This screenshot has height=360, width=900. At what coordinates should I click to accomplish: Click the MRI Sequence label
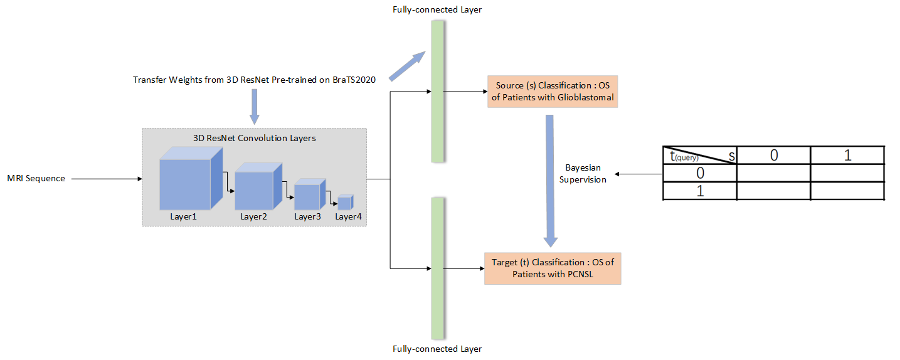click(36, 179)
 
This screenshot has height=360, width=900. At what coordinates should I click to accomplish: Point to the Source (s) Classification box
click(553, 92)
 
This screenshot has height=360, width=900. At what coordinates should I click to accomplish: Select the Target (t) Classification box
click(553, 268)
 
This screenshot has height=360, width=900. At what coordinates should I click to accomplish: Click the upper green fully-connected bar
click(437, 91)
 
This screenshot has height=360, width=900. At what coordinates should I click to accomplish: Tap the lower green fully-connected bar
click(437, 268)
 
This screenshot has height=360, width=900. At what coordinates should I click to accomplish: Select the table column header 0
click(773, 156)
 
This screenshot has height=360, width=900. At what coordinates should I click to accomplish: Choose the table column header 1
click(847, 156)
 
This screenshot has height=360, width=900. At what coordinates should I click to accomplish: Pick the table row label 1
click(700, 191)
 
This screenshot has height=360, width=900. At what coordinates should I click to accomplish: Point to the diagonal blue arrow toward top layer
click(408, 66)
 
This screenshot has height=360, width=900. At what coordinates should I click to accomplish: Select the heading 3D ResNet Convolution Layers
click(254, 138)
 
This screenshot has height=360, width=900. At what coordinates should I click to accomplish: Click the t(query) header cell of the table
click(699, 156)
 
